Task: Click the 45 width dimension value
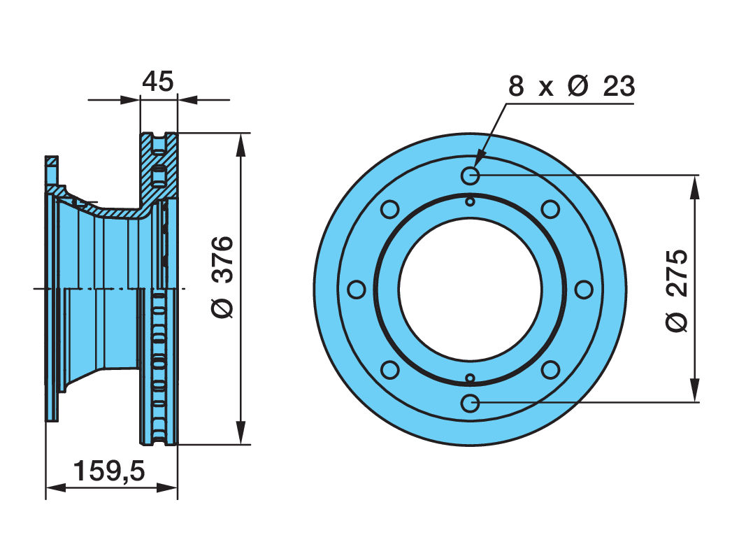pos(158,81)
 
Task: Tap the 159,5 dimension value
pos(109,471)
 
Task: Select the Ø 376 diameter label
pos(222,277)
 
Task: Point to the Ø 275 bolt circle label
pos(677,290)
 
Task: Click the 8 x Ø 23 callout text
pos(571,86)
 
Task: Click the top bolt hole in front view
pos(470,176)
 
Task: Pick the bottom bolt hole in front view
pos(470,404)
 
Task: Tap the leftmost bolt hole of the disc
pos(357,290)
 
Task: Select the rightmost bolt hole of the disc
pos(584,290)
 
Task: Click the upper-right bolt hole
pos(550,209)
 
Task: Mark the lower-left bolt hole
pos(390,370)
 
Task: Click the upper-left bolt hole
pos(390,209)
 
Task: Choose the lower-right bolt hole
pos(550,370)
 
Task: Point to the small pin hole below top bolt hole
pos(470,202)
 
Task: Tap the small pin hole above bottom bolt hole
pos(470,378)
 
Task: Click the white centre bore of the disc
pos(470,290)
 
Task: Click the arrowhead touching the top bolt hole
pos(479,159)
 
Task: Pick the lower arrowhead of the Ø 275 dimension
pos(696,390)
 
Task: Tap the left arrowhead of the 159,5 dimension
pos(56,487)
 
